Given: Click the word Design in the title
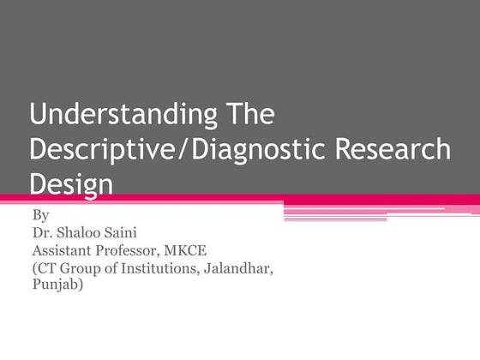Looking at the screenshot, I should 72,183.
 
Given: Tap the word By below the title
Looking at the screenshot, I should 39,215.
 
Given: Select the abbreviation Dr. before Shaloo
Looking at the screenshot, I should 42,233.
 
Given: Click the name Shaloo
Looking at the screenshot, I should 81,233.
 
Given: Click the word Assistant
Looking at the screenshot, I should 66,251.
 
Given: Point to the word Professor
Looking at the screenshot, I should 140,251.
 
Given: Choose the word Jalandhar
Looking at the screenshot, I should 246,268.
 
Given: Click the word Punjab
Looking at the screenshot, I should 57,285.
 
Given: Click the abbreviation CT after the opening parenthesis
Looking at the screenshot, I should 47,268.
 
